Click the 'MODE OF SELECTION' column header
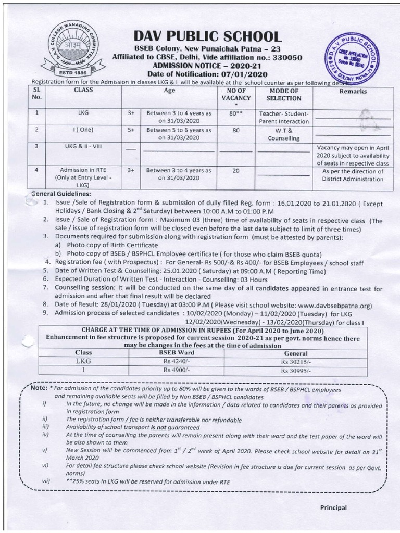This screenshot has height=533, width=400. [284, 95]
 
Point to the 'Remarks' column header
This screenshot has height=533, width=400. [353, 91]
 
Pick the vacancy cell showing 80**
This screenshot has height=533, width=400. [236, 113]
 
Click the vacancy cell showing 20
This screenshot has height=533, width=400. [236, 170]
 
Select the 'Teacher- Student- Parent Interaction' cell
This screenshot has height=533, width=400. [284, 117]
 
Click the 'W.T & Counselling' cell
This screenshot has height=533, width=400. [284, 134]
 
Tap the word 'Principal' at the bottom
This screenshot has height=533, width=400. [333, 507]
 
